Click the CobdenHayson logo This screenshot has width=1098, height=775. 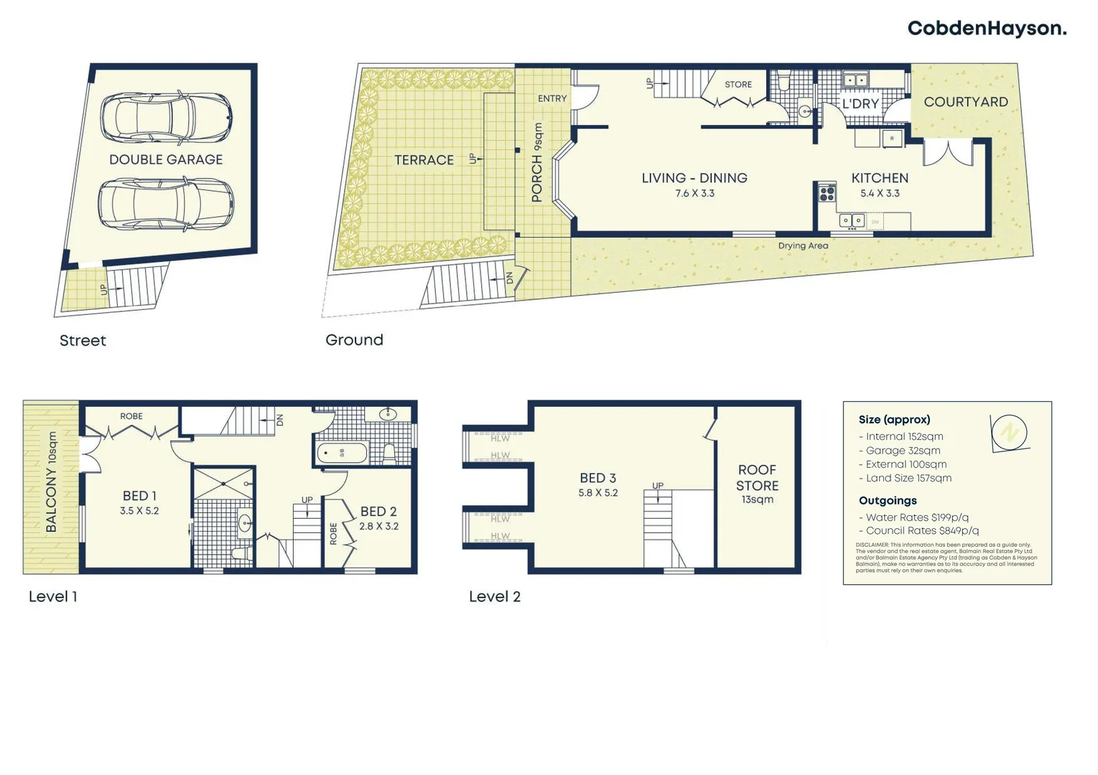(x=987, y=29)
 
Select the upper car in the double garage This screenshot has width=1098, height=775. (x=166, y=117)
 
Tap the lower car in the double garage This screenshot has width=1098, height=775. (x=166, y=205)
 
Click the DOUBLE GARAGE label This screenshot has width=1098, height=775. (x=166, y=159)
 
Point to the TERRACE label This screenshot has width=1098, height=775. (x=424, y=160)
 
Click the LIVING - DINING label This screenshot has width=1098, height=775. (x=694, y=178)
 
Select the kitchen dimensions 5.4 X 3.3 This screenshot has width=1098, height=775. (x=880, y=194)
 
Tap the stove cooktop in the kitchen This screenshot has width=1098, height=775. (x=827, y=192)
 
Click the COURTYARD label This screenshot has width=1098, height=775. (x=966, y=102)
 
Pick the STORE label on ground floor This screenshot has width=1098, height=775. (x=738, y=85)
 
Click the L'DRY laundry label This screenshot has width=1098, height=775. (x=860, y=104)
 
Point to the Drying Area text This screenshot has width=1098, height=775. (x=803, y=246)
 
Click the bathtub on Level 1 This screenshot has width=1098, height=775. (x=343, y=454)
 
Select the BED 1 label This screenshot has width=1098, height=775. (x=139, y=496)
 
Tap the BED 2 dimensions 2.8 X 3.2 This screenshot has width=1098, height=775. (x=378, y=527)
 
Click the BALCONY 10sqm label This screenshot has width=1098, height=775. (x=51, y=482)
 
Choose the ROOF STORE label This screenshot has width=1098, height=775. (x=757, y=478)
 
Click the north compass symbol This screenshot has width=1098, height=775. (x=1009, y=433)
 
